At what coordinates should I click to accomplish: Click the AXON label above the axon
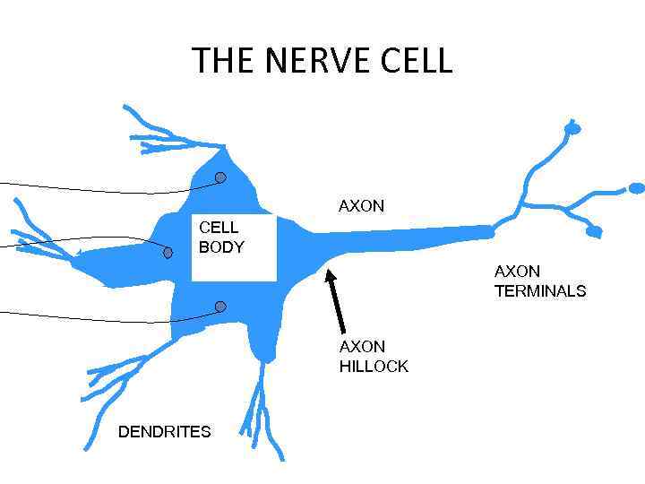361,206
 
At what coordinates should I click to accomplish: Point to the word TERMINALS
540,290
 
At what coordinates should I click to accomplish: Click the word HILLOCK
374,366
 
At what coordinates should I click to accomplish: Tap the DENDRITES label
165,432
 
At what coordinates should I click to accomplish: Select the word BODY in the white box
221,247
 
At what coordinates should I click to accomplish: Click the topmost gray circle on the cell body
220,177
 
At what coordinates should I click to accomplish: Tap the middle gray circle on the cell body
168,253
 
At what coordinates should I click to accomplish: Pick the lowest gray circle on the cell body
220,307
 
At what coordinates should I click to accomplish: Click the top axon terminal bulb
572,129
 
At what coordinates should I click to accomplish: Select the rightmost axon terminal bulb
636,188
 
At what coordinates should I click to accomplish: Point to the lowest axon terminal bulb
593,232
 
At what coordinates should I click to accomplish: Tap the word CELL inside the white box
219,228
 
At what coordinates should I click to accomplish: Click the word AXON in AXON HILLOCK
362,347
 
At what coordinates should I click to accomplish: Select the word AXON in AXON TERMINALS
517,271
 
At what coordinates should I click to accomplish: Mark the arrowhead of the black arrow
330,275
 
